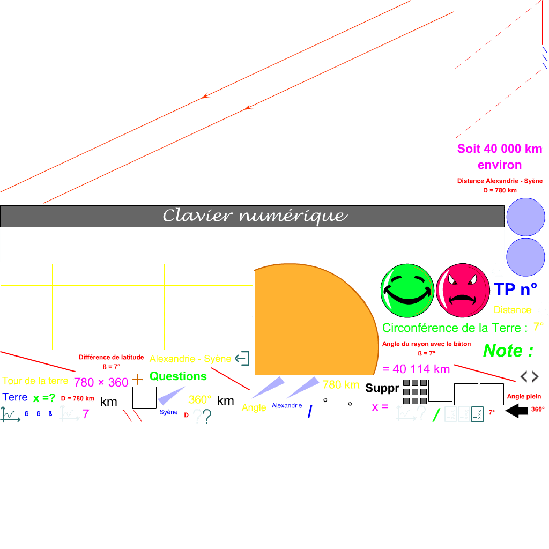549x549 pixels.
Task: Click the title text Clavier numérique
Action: point(255,216)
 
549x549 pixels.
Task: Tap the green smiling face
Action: point(407,290)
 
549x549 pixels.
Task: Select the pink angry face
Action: point(463,290)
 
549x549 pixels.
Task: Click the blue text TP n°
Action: point(515,290)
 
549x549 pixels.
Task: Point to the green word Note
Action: point(508,351)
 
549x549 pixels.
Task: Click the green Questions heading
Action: point(178,376)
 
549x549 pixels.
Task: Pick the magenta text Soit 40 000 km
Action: point(500,149)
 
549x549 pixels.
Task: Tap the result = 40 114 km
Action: point(416,369)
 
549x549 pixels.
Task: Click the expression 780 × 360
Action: point(101,382)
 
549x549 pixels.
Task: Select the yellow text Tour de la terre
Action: point(35,381)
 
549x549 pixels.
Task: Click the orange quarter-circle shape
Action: point(311,322)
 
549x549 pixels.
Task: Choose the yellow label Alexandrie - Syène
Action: point(190,359)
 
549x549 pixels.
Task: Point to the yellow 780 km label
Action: point(340,384)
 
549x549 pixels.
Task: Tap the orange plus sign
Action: point(138,380)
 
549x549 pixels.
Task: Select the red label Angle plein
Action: point(524,397)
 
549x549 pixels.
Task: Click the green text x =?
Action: point(44,398)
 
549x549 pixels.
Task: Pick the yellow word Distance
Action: point(513,310)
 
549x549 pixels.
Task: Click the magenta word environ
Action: point(500,165)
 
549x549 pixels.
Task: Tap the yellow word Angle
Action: point(254,407)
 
